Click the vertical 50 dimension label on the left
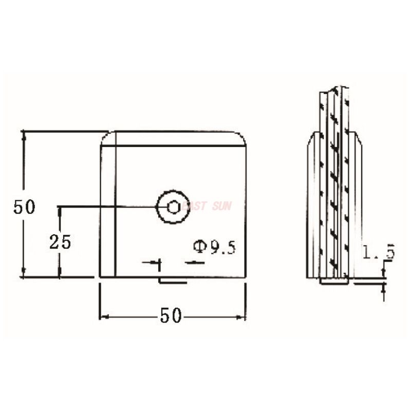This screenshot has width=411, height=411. (x=24, y=207)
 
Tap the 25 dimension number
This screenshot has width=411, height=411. (x=60, y=241)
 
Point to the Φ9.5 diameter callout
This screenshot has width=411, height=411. (x=214, y=248)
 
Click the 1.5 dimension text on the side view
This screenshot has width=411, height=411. (x=378, y=252)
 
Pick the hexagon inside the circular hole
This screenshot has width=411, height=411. (x=173, y=207)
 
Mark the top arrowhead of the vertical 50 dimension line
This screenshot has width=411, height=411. (x=23, y=135)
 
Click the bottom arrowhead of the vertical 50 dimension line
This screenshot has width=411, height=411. (x=23, y=273)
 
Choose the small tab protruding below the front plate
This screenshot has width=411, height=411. (x=173, y=281)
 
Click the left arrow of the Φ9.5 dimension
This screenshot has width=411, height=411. (x=156, y=263)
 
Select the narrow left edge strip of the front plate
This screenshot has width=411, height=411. (x=107, y=211)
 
